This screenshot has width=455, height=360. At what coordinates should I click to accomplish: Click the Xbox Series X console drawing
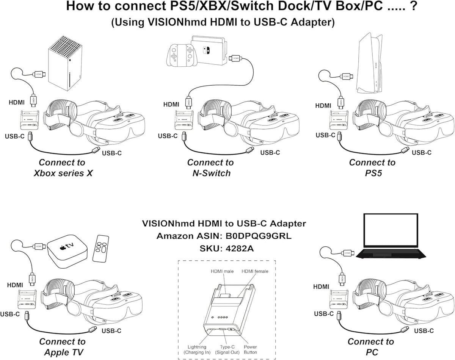[x=65, y=63]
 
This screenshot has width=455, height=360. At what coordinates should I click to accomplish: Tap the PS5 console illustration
[x=369, y=63]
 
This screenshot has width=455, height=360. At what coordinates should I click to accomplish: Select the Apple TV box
[x=67, y=251]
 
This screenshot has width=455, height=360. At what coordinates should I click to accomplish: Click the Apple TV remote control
[x=101, y=249]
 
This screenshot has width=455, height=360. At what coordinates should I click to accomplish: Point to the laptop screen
[x=391, y=231]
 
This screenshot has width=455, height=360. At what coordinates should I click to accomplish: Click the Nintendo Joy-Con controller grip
[x=182, y=55]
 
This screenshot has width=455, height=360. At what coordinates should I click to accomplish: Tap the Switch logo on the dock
[x=206, y=50]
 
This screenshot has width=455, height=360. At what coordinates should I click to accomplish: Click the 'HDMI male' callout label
[x=222, y=271]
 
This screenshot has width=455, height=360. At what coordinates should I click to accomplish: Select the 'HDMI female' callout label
[x=255, y=271]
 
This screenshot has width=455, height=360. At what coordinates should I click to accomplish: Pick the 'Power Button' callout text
[x=250, y=349]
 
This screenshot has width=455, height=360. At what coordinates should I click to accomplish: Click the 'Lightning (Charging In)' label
[x=197, y=349]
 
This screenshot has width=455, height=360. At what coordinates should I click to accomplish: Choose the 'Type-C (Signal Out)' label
[x=227, y=349]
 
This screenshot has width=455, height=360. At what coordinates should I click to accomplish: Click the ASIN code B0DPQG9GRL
[x=258, y=236]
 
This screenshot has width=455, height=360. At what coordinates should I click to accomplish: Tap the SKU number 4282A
[x=240, y=249]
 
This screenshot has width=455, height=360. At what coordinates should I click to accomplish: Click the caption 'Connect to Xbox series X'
[x=63, y=168]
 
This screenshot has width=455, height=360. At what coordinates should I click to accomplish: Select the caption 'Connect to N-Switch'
[x=211, y=168]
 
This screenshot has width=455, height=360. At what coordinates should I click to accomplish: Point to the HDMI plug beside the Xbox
[x=39, y=74]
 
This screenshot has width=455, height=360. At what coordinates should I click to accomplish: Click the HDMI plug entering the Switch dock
[x=236, y=58]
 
